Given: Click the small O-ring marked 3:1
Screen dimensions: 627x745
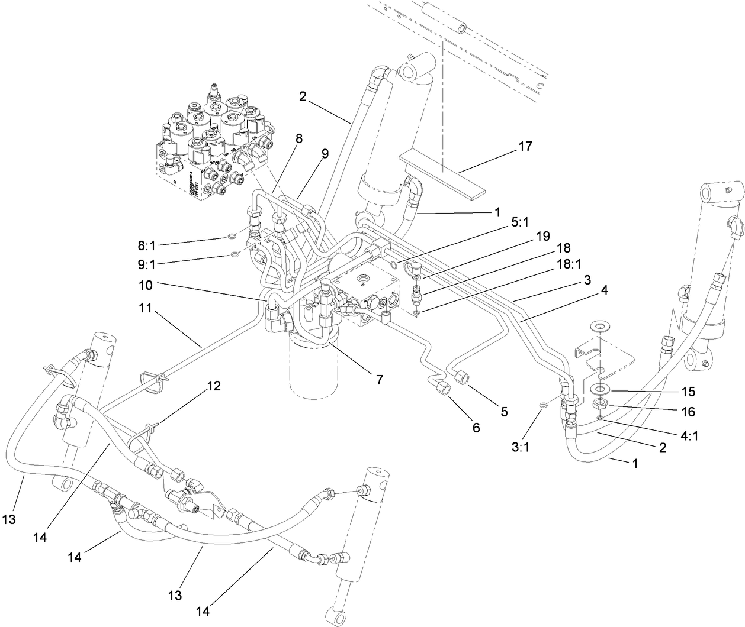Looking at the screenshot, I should (544, 405).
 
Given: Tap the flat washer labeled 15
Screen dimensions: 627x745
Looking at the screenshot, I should (599, 390).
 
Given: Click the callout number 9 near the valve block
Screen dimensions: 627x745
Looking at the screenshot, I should (325, 153).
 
